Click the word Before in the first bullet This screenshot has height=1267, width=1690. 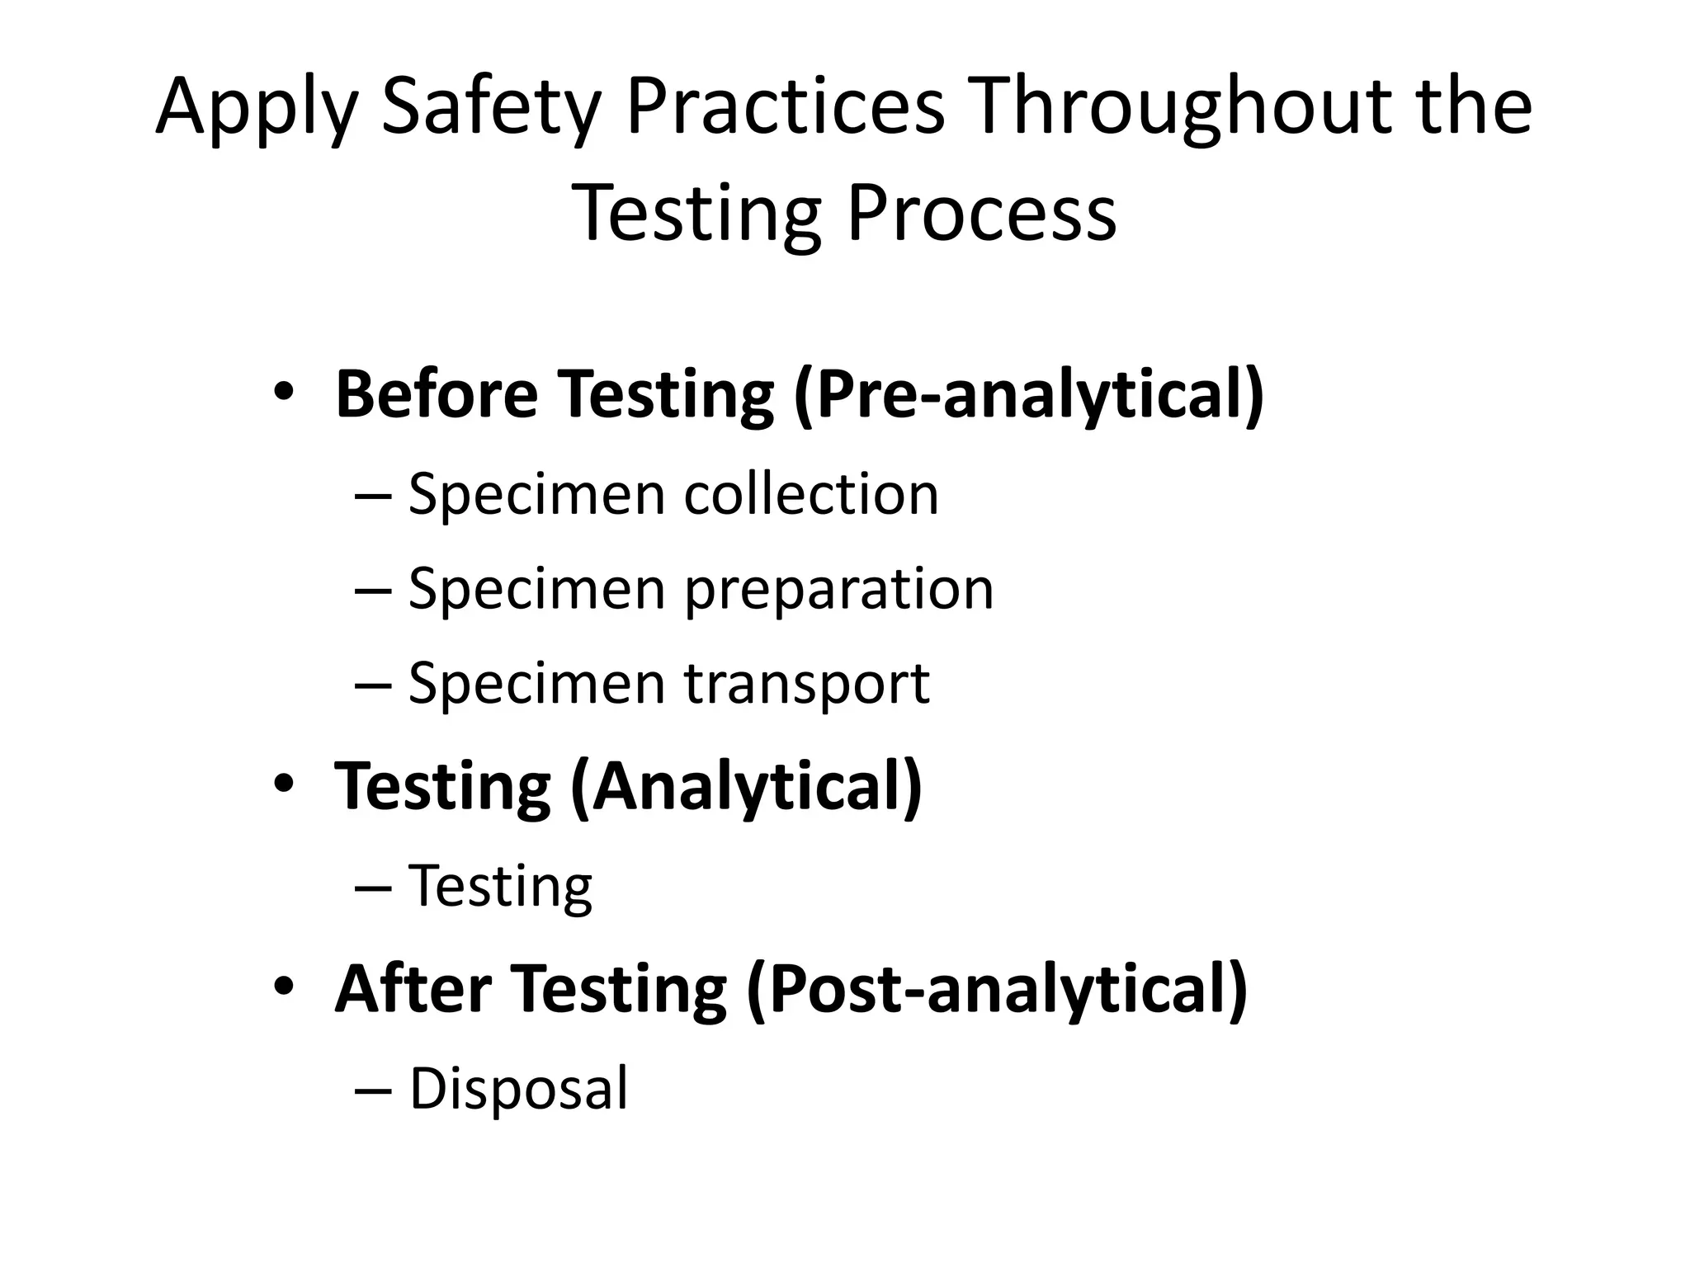(x=437, y=393)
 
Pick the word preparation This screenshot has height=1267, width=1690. (x=839, y=591)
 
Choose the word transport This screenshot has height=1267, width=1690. (x=807, y=685)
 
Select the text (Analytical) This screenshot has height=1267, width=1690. (x=746, y=787)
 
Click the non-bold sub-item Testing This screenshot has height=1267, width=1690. (x=501, y=887)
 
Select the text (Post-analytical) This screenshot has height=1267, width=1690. (x=997, y=990)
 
